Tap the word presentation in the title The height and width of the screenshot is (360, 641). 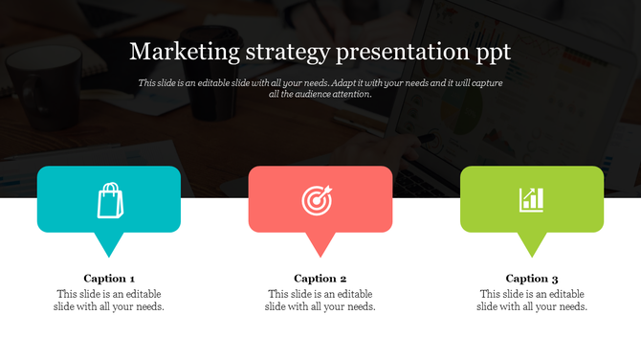[406, 52]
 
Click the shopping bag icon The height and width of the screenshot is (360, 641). [110, 200]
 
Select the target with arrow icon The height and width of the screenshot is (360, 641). [320, 200]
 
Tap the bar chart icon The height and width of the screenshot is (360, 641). [532, 200]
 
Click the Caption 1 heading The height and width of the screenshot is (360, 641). [109, 279]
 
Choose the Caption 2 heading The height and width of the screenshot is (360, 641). [320, 279]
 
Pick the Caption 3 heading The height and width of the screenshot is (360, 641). [532, 279]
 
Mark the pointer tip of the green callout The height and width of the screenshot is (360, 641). [533, 255]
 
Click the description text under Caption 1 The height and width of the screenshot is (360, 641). [109, 301]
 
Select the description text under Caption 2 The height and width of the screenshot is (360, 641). [320, 301]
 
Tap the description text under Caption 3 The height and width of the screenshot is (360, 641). [532, 301]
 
